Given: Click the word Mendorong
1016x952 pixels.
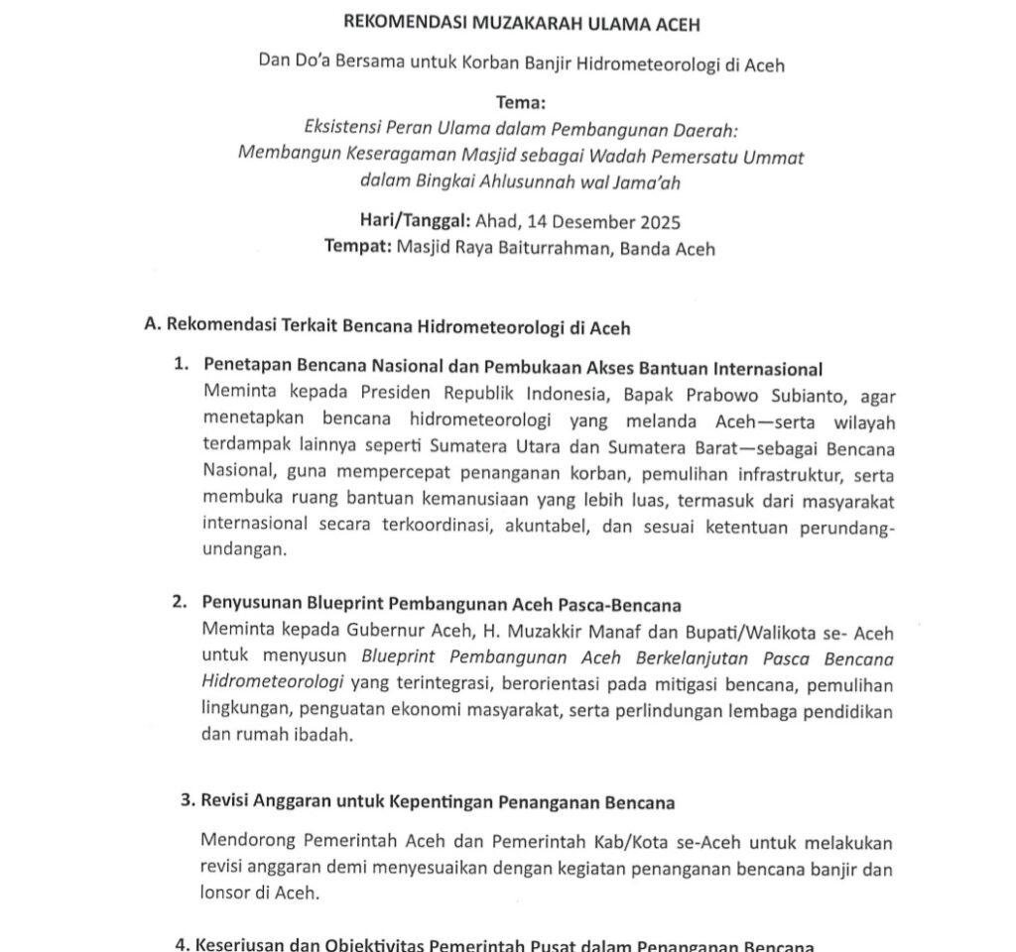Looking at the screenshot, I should [x=246, y=841].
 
